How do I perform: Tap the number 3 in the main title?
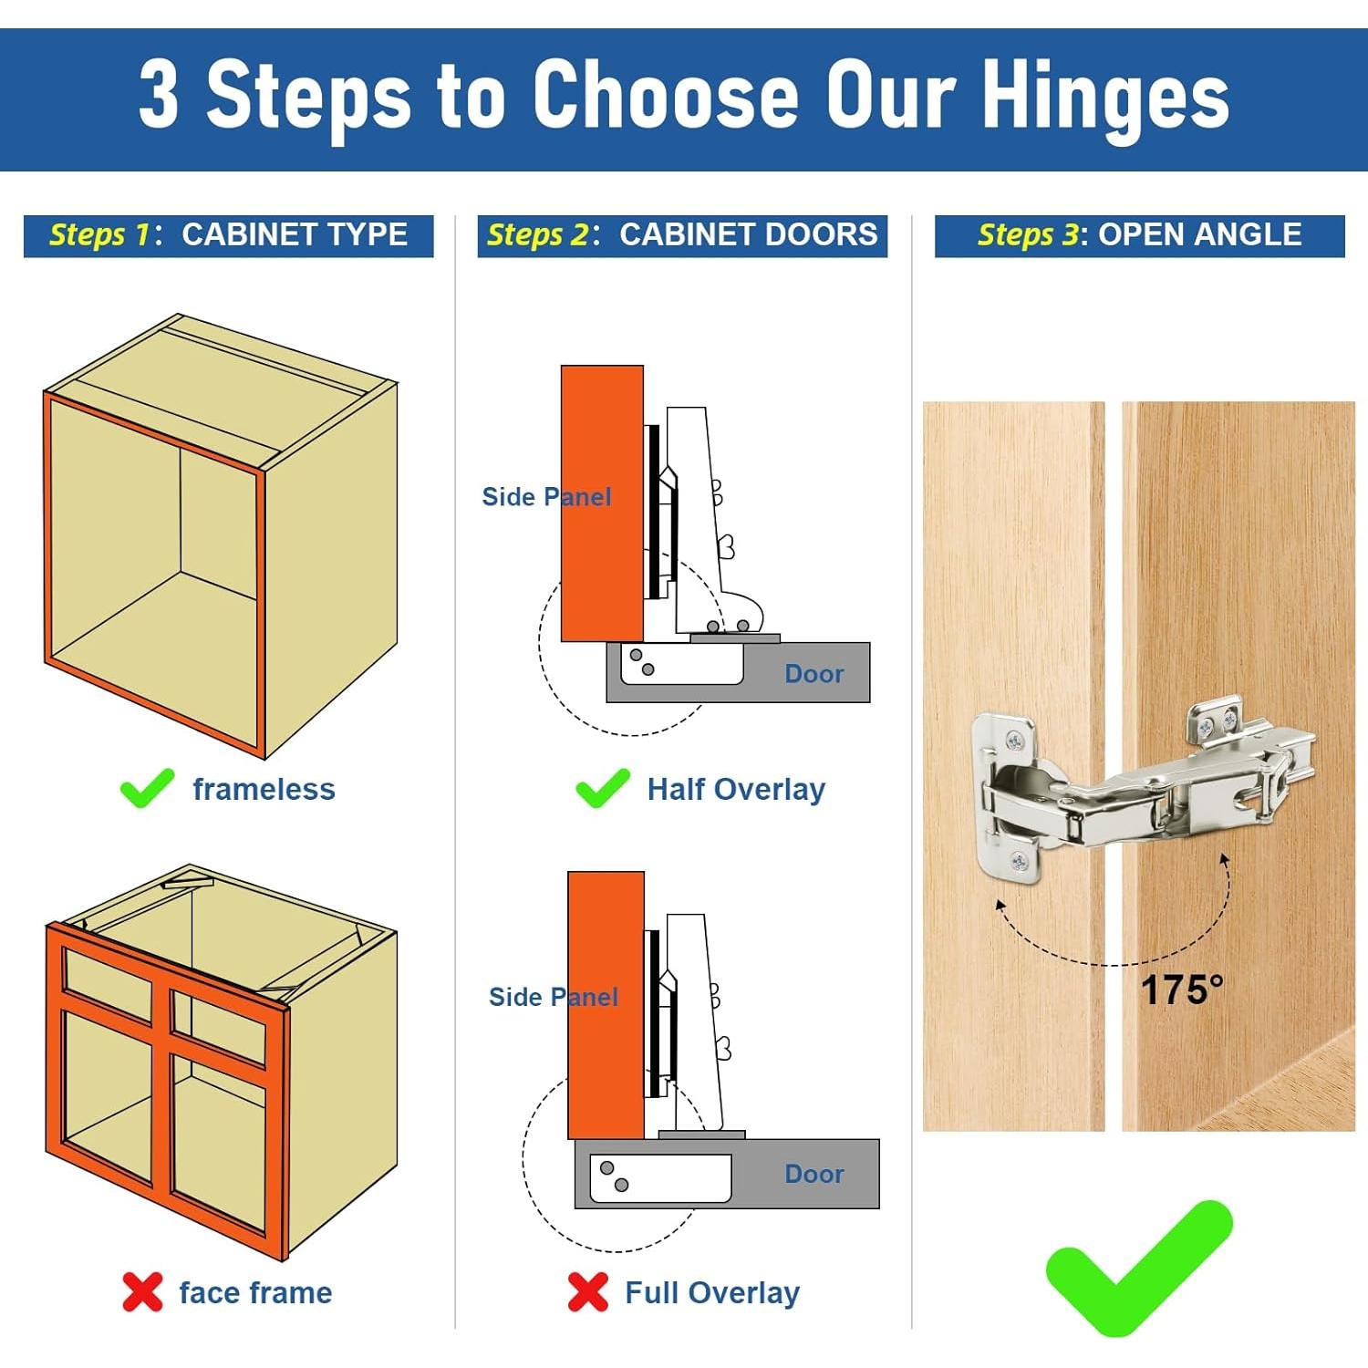click(x=159, y=95)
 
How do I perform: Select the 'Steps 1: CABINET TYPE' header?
click(x=228, y=235)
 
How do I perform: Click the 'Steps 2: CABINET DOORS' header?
click(x=682, y=235)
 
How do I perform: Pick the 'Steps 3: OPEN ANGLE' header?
click(x=1139, y=235)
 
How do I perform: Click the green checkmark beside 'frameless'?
click(x=146, y=788)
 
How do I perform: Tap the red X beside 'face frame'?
click(x=142, y=1291)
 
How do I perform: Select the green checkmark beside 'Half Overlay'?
click(x=602, y=788)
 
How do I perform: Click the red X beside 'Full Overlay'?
click(x=587, y=1291)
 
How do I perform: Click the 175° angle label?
click(x=1181, y=990)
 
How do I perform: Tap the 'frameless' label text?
click(x=264, y=789)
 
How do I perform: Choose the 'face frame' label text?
click(x=255, y=1292)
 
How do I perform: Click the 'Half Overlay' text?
click(x=736, y=789)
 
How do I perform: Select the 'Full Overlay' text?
click(x=712, y=1292)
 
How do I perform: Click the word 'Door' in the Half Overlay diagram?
click(x=814, y=674)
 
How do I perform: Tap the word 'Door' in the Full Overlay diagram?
click(x=814, y=1174)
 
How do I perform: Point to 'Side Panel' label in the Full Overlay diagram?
click(x=554, y=997)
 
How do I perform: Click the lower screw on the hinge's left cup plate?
click(x=1020, y=860)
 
